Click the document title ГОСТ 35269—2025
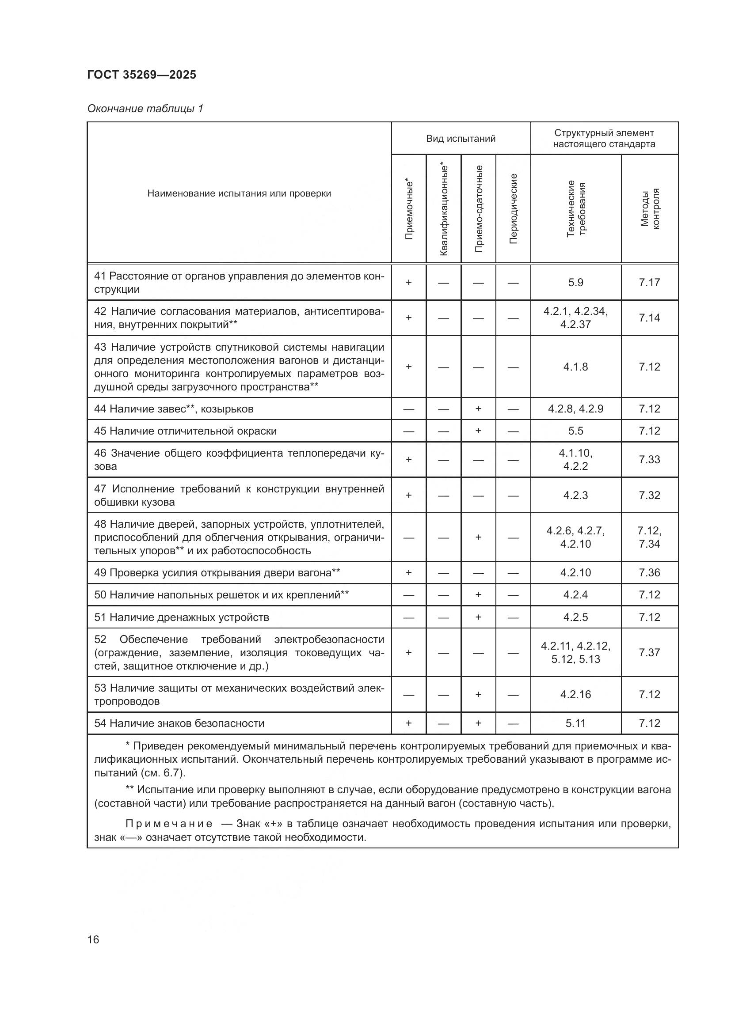pos(142,75)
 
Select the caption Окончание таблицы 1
pos(145,109)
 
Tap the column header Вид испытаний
pos(461,139)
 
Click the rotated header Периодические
pos(513,209)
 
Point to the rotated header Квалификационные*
pos(444,209)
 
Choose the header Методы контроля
pos(650,209)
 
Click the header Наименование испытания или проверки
pos(239,193)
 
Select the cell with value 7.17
pos(649,283)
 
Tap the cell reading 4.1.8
pos(575,367)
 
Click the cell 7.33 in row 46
pos(649,459)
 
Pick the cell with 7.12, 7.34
pos(649,537)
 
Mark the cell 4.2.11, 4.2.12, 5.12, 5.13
pos(575,652)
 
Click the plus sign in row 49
pos(409,572)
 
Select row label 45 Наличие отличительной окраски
pos(186,431)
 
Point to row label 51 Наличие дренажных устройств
pos(181,617)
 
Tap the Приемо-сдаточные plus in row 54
pos(478,723)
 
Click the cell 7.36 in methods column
pos(649,572)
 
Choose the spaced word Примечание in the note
pos(169,824)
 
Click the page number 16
pos(93,940)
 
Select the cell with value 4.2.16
pos(575,694)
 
